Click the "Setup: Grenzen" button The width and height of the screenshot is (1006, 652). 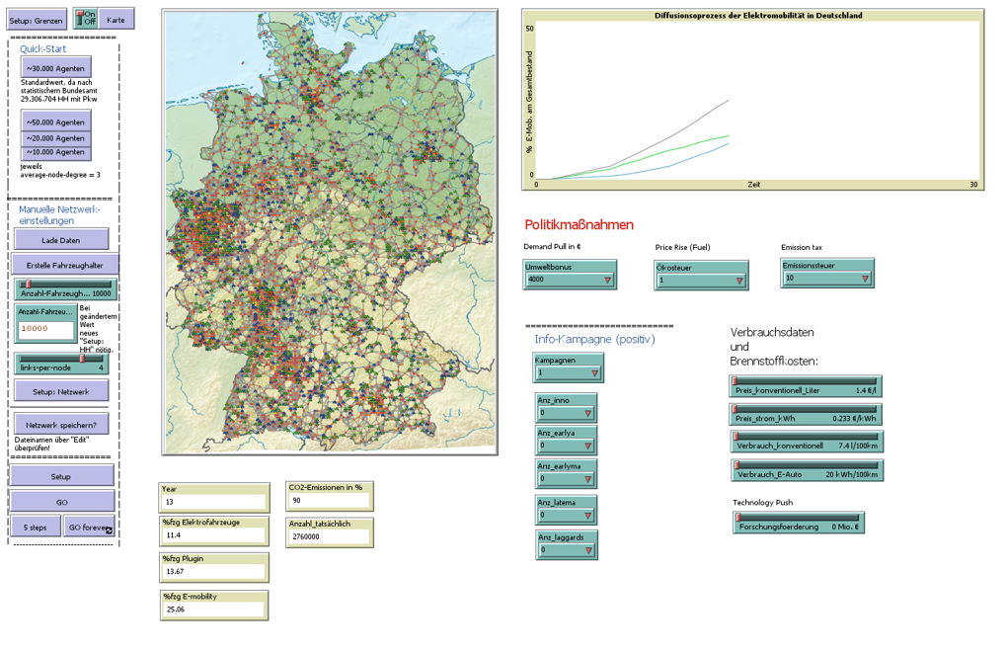(36, 20)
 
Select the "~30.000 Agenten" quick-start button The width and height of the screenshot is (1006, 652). (56, 68)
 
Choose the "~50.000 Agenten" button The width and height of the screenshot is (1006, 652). (56, 122)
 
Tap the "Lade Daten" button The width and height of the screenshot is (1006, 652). (61, 240)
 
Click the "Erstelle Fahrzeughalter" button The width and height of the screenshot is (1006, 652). (65, 265)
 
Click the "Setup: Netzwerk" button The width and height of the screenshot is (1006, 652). (61, 392)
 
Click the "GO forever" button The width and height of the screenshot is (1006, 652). (90, 528)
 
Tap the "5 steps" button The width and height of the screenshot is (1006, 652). (36, 528)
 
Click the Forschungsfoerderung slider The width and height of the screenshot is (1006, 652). (799, 523)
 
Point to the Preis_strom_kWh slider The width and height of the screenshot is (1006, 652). (807, 413)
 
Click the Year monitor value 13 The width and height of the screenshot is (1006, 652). (214, 502)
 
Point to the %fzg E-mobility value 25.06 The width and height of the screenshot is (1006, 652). (214, 610)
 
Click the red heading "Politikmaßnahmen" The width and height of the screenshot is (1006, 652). (579, 225)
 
